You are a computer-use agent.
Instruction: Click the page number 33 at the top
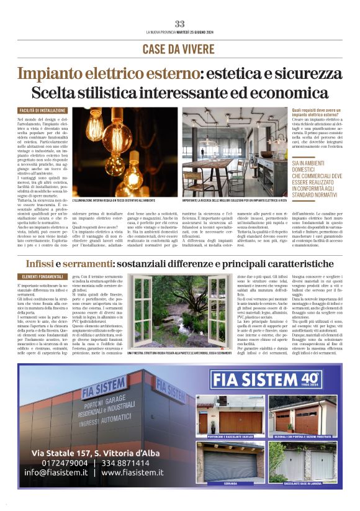(179, 24)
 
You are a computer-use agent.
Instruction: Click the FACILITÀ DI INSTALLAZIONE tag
(42, 111)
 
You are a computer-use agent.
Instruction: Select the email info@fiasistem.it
(55, 472)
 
